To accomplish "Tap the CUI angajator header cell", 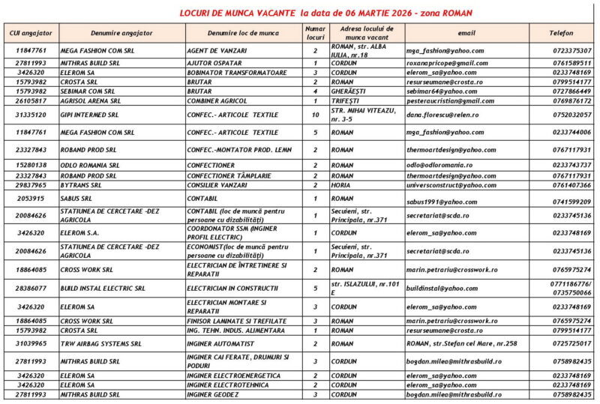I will (x=31, y=33).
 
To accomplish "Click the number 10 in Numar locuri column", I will (x=315, y=115).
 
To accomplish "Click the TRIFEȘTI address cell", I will (x=346, y=100).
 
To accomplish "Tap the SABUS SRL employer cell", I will (x=76, y=199).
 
